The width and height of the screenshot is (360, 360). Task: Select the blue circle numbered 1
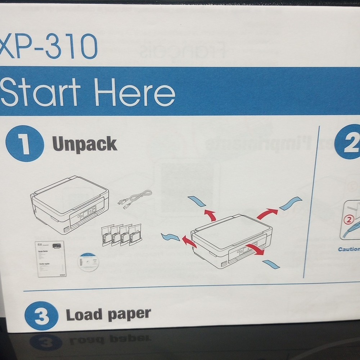click(x=25, y=144)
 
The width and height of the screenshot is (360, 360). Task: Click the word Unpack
click(x=85, y=144)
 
